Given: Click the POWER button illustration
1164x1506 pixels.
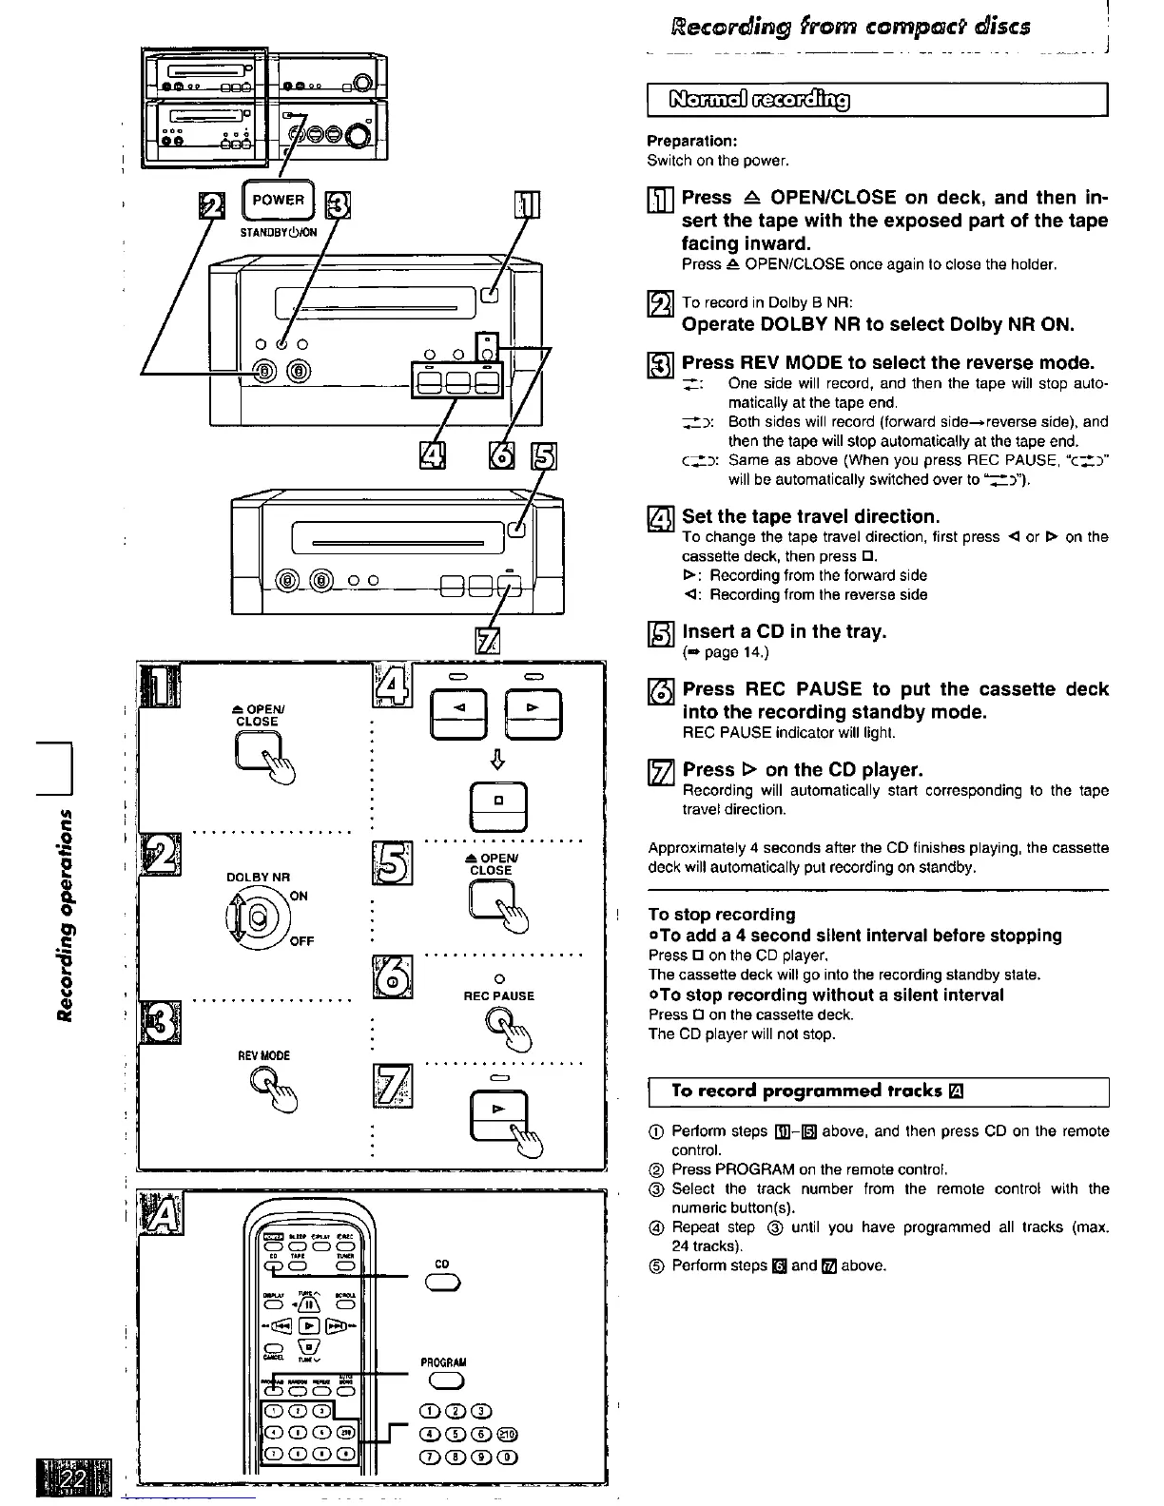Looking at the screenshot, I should (x=278, y=201).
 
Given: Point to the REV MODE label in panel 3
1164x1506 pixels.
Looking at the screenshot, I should (x=263, y=1055).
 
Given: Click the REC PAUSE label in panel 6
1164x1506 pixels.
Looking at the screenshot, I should (x=498, y=995).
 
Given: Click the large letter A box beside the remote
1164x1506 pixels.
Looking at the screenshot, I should (x=161, y=1213).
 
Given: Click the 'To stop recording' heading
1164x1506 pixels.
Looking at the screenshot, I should (x=721, y=914).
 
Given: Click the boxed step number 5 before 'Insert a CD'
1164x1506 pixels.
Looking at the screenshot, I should (x=660, y=632).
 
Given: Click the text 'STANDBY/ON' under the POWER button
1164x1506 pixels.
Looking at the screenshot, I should (x=278, y=231).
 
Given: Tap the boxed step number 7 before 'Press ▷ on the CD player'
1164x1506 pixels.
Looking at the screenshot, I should (x=660, y=770).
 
